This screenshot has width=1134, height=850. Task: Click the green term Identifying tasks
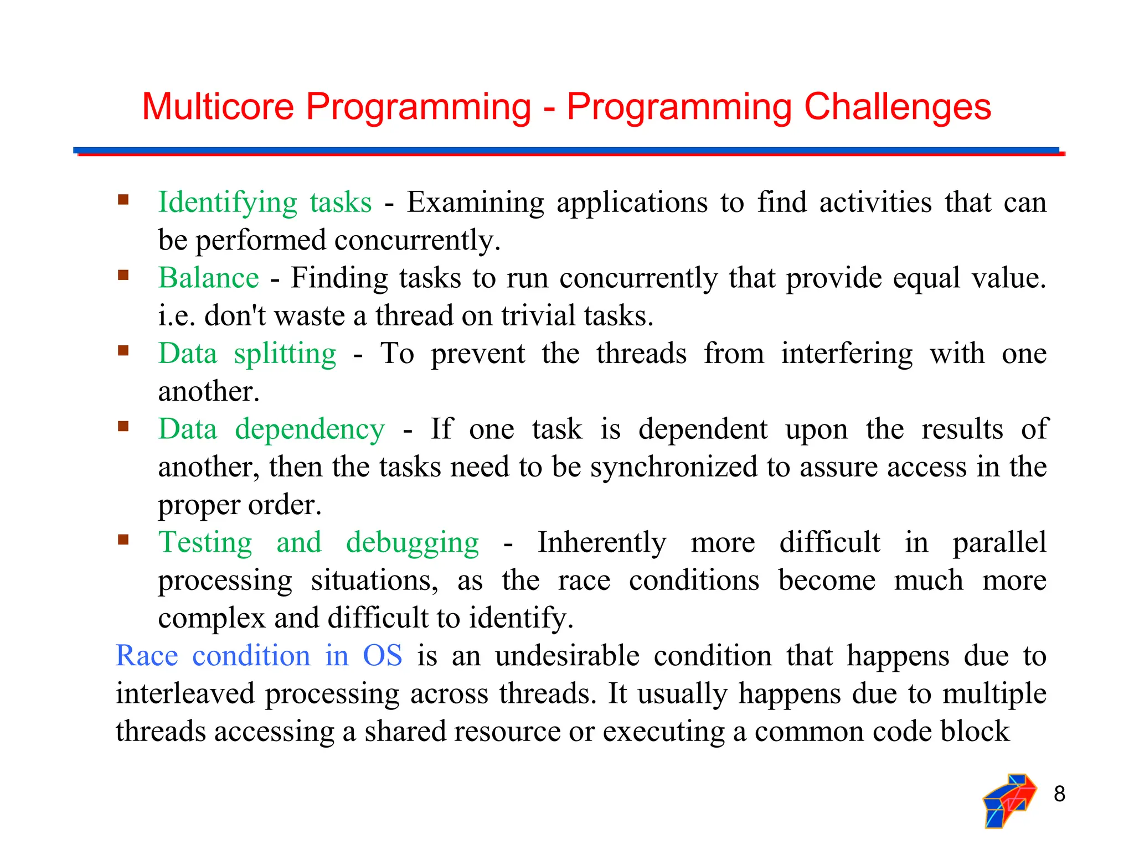coord(265,202)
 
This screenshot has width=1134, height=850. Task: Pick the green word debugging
coord(412,542)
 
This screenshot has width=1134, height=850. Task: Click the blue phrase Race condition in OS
coord(259,656)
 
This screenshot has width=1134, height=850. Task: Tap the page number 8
coord(1059,794)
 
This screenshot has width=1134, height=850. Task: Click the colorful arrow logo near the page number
coord(1008,800)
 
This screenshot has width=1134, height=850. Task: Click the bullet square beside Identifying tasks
coord(123,199)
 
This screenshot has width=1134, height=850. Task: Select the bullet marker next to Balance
coord(123,275)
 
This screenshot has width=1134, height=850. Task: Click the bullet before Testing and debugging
coord(123,540)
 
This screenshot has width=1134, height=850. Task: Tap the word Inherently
coord(602,542)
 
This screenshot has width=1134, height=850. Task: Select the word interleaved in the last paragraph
coord(184,693)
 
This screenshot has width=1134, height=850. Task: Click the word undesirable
coord(567,656)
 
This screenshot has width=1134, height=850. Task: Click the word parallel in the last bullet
coord(999,542)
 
